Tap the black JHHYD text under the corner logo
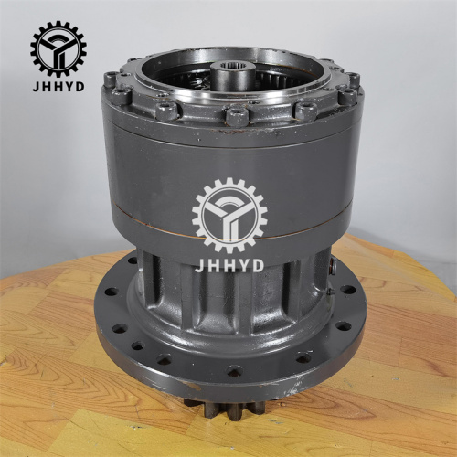tap(58, 89)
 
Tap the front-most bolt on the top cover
tap(235, 116)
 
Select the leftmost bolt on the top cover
tap(111, 80)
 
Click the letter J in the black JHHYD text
tap(34, 89)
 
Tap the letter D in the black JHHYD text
tap(80, 89)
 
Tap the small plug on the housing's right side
tap(334, 266)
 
